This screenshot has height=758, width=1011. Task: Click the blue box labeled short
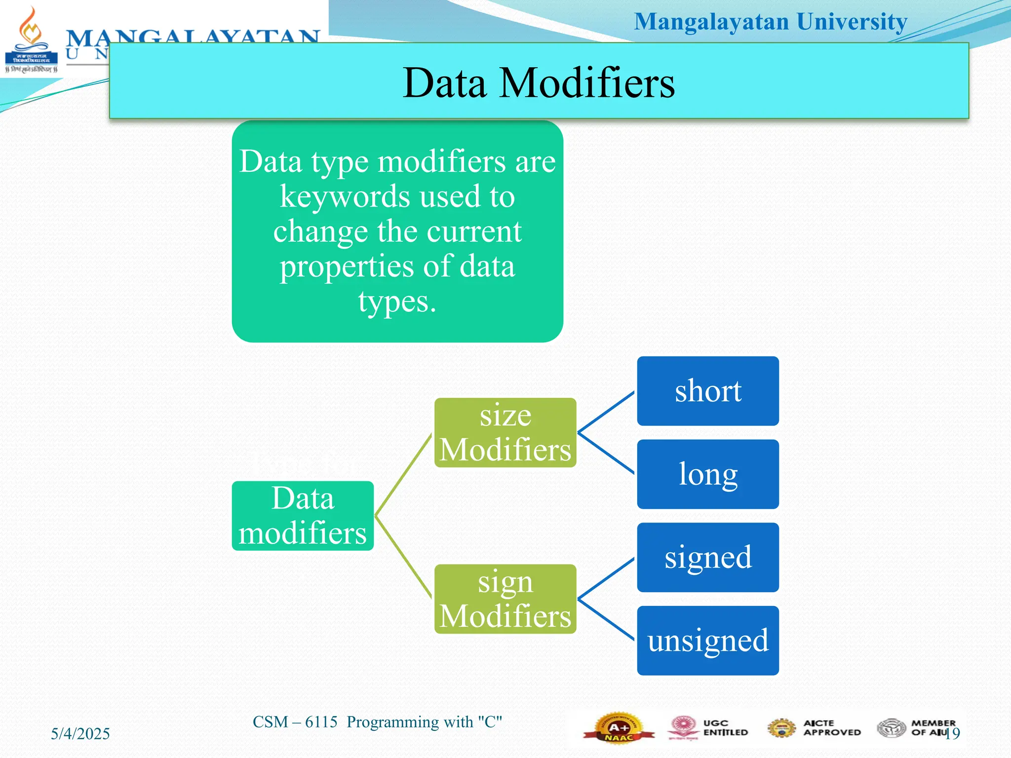pos(707,391)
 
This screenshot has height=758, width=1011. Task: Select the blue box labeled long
pos(707,474)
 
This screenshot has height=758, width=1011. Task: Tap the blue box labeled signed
pos(707,557)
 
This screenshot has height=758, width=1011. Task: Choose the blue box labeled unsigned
pos(707,641)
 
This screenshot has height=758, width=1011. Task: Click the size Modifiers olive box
pos(505,432)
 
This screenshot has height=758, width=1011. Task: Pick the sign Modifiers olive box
pos(505,599)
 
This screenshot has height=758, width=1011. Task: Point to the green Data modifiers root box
pos(303,516)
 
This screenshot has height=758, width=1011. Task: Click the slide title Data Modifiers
pos(539,82)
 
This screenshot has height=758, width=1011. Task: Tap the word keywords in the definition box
pos(344,197)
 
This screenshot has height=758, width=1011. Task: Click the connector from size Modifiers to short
pos(606,412)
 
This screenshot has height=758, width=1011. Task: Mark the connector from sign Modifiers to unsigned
pos(606,620)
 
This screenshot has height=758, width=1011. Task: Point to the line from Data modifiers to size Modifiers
pos(403,475)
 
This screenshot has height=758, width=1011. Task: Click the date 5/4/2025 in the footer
pos(80,734)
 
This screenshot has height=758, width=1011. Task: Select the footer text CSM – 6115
pos(295,722)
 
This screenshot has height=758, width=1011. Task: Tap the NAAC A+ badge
pos(618,728)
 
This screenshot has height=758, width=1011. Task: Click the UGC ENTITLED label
pos(725,728)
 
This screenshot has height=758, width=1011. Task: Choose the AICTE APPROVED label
pos(831,728)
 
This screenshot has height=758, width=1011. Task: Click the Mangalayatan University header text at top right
pos(770,22)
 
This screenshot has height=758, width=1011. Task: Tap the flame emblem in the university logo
pos(31,27)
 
